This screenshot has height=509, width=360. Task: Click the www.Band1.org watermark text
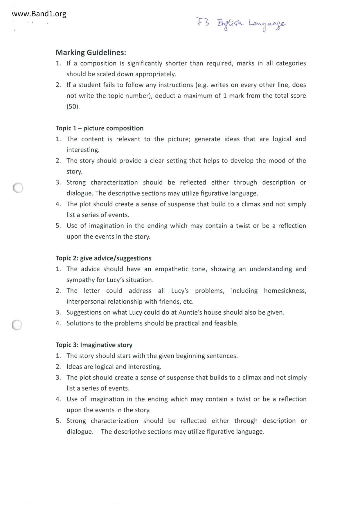tap(39, 14)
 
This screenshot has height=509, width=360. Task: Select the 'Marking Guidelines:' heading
tap(91, 53)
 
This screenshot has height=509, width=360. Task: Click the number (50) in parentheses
tap(73, 107)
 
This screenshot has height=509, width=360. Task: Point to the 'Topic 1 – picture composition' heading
tap(100, 128)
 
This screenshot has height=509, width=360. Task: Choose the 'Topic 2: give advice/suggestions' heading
tap(104, 258)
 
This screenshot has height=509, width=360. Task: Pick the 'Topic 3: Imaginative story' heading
tap(94, 345)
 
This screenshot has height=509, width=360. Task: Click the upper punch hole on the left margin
tap(18, 188)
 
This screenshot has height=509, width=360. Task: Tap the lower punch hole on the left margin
tap(17, 325)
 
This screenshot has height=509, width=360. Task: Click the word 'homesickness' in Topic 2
tap(285, 291)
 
